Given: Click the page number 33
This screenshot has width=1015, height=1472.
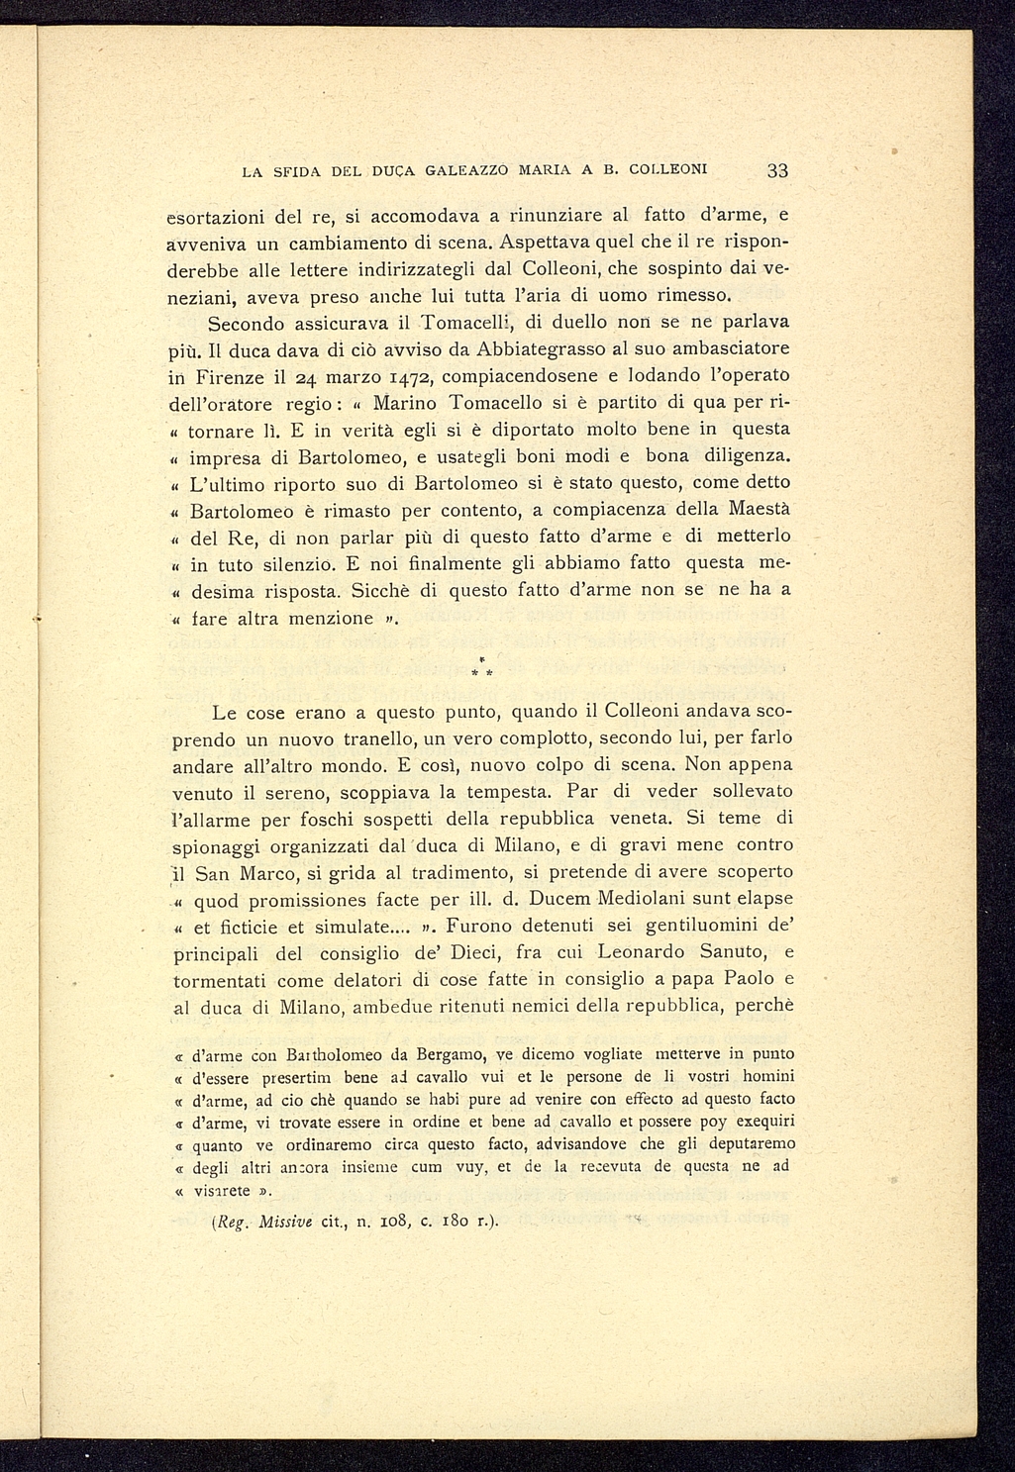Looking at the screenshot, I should coord(776,169).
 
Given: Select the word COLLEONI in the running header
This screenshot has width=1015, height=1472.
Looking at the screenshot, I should coord(670,169).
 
